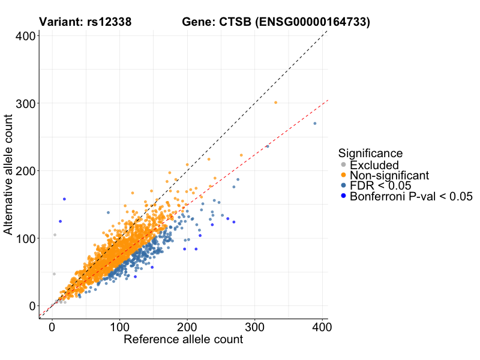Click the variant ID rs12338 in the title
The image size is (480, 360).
110,23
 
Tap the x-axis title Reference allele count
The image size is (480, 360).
183,340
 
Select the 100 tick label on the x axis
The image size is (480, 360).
119,328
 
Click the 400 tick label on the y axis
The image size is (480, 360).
25,36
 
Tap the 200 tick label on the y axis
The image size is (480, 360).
25,171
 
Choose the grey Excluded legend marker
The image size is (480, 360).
343,164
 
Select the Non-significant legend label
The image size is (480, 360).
389,175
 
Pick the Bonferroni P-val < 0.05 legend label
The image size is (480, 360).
412,196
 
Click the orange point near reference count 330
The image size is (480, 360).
276,103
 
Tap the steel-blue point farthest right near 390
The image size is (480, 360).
315,124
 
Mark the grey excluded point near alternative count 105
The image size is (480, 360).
55,235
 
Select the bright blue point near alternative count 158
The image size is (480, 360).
64,199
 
